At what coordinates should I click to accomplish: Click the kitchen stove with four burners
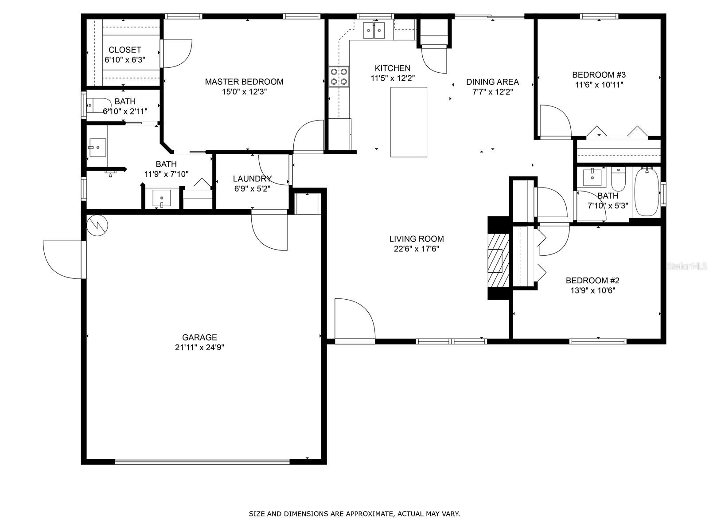tap(339, 77)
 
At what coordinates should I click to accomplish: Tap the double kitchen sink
tap(374, 30)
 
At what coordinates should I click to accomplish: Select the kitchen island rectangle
tap(409, 122)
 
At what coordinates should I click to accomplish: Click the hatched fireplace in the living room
tap(499, 261)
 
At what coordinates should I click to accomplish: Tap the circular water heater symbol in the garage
tap(97, 225)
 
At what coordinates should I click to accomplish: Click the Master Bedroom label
tap(244, 82)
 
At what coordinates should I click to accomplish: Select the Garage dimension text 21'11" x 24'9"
tap(199, 348)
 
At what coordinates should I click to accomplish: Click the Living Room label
tap(417, 239)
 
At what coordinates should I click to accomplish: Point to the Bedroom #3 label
tap(599, 74)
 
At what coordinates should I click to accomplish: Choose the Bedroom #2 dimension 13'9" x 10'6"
tap(593, 290)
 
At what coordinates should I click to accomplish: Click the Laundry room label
tap(252, 179)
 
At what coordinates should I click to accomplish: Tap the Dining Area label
tap(493, 82)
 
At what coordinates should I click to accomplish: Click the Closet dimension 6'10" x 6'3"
tap(125, 60)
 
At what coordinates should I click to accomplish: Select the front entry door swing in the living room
tap(354, 319)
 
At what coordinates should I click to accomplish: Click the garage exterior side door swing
tap(62, 260)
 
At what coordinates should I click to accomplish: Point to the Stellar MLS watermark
tap(687, 266)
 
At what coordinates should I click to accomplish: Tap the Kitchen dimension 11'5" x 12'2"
tap(393, 78)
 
